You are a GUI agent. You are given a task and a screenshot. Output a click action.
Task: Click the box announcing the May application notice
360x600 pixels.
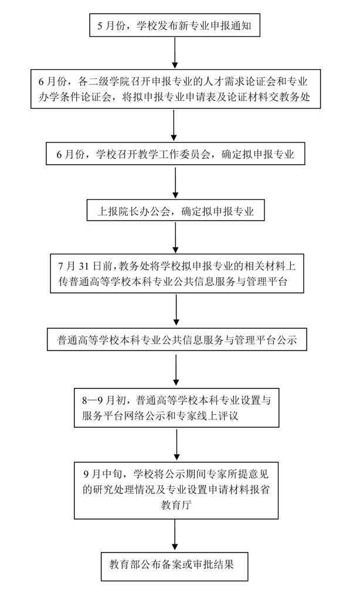(x=175, y=25)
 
